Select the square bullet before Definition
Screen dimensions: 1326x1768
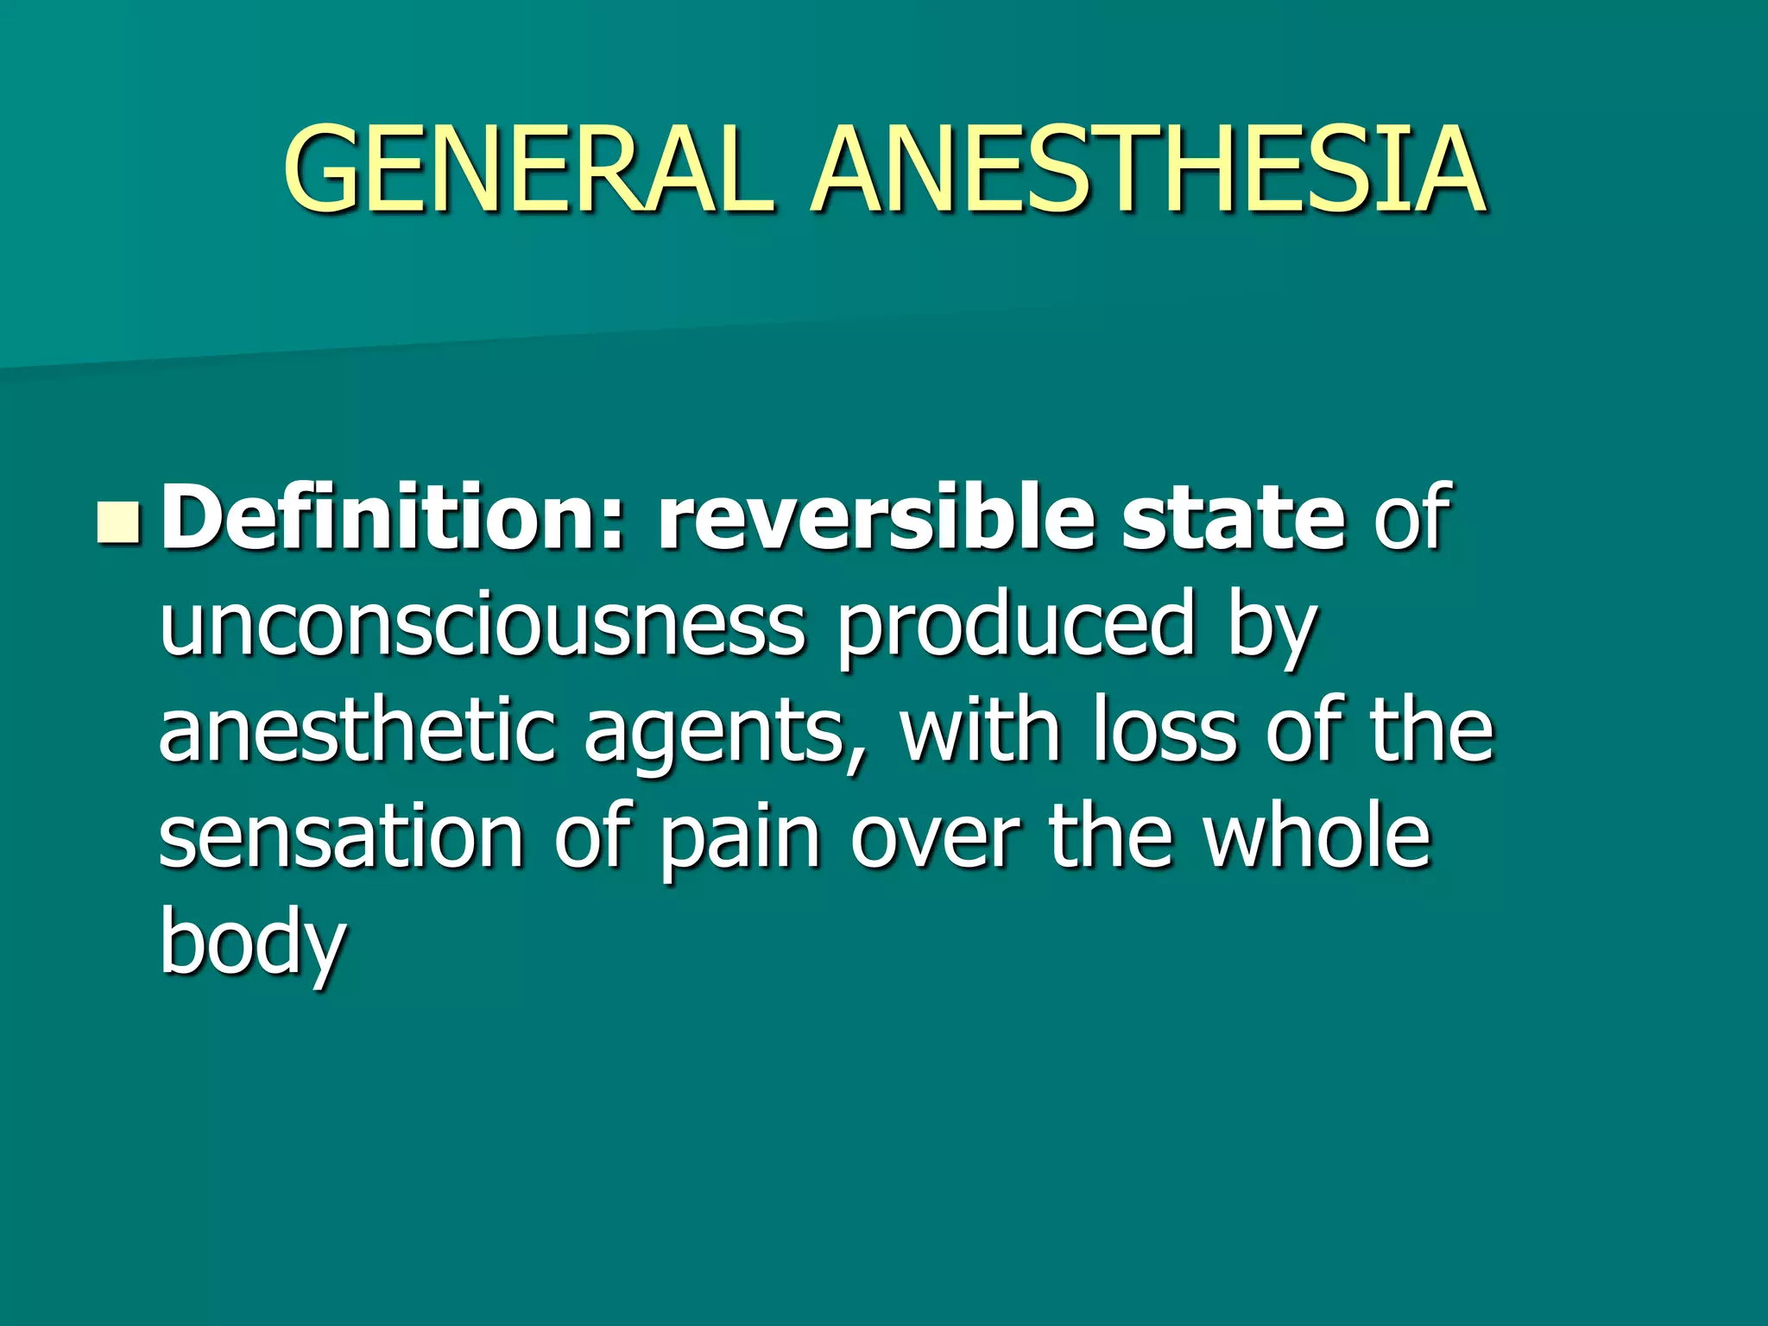coord(117,523)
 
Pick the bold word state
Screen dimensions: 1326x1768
coord(1233,518)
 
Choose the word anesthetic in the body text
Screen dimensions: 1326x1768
coord(357,731)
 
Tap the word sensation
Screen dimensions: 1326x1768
coord(342,837)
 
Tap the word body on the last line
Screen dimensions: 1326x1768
coord(253,944)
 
